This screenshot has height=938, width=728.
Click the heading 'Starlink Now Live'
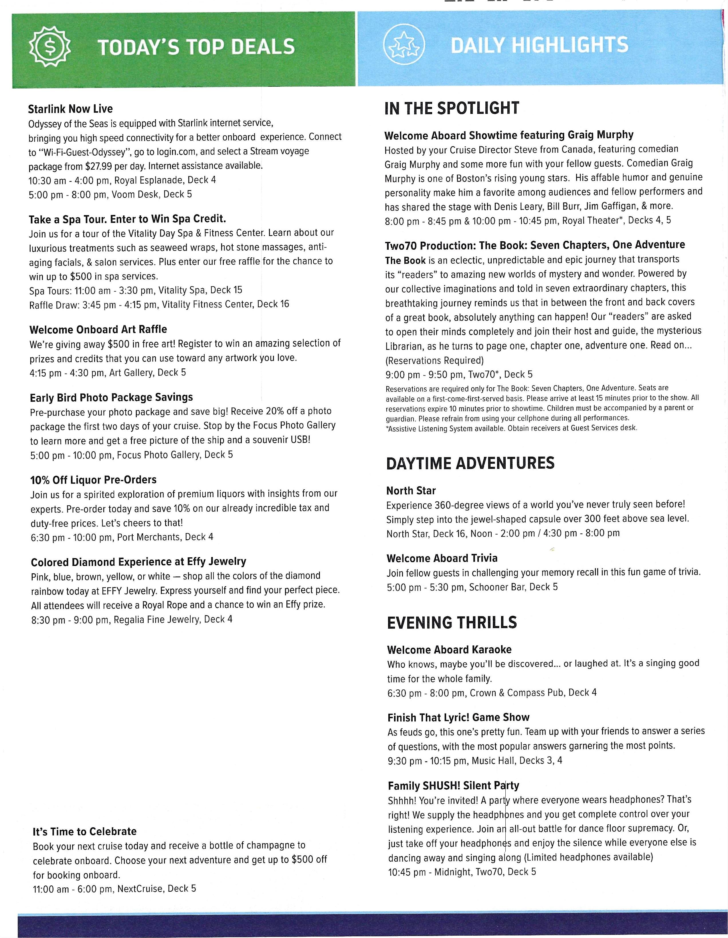[x=70, y=109]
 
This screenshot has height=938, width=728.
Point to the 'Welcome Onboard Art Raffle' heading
[x=98, y=329]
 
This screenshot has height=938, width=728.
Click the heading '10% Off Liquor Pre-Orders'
[x=93, y=480]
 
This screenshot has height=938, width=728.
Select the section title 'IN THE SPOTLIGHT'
[x=452, y=108]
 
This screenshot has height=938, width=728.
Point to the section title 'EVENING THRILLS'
[x=452, y=623]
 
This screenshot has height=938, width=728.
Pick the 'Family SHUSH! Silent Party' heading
[x=453, y=786]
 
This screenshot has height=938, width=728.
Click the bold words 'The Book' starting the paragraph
[x=405, y=260]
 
